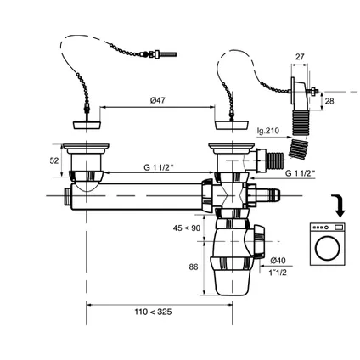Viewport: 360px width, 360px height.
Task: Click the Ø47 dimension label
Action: (x=158, y=100)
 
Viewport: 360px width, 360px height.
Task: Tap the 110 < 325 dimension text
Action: (x=153, y=312)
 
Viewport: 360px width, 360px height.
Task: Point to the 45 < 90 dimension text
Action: (x=187, y=228)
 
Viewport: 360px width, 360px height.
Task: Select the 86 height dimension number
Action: (x=194, y=267)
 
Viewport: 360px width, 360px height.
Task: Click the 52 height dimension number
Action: (x=54, y=160)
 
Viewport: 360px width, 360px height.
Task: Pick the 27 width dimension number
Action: (x=300, y=57)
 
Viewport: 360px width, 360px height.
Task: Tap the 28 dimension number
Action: (x=329, y=101)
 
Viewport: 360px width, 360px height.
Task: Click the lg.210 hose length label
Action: (x=268, y=131)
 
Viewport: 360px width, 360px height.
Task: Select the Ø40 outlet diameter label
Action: (x=278, y=261)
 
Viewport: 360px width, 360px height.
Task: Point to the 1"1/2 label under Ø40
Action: (x=278, y=273)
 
